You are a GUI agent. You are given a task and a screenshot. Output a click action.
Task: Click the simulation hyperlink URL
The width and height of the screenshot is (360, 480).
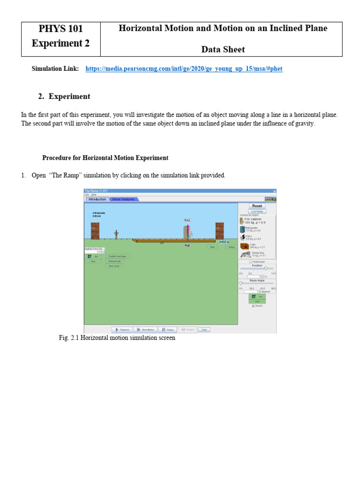[x=184, y=69]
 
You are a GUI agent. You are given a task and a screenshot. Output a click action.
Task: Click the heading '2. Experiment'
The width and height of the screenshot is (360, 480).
[x=64, y=97]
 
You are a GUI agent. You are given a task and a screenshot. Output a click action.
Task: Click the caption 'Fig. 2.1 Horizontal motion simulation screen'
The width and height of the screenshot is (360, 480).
[x=117, y=337]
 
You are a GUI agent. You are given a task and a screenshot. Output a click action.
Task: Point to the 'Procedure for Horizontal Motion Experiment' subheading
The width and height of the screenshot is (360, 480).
[x=105, y=158]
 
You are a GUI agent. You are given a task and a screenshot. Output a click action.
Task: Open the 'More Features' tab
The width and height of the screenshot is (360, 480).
[x=123, y=199]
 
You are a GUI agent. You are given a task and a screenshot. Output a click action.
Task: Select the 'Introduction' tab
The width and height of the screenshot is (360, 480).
[x=97, y=199]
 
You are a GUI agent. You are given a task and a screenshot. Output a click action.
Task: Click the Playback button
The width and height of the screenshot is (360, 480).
[x=122, y=330]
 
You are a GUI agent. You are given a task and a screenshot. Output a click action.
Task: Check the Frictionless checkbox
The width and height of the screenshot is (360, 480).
[x=251, y=262]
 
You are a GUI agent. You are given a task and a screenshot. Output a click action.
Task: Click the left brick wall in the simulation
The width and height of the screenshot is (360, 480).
[x=95, y=231]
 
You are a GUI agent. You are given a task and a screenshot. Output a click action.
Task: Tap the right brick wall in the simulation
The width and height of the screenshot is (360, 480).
[x=219, y=231]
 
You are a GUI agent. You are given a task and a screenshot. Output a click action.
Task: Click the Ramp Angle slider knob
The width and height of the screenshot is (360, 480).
[x=241, y=283]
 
